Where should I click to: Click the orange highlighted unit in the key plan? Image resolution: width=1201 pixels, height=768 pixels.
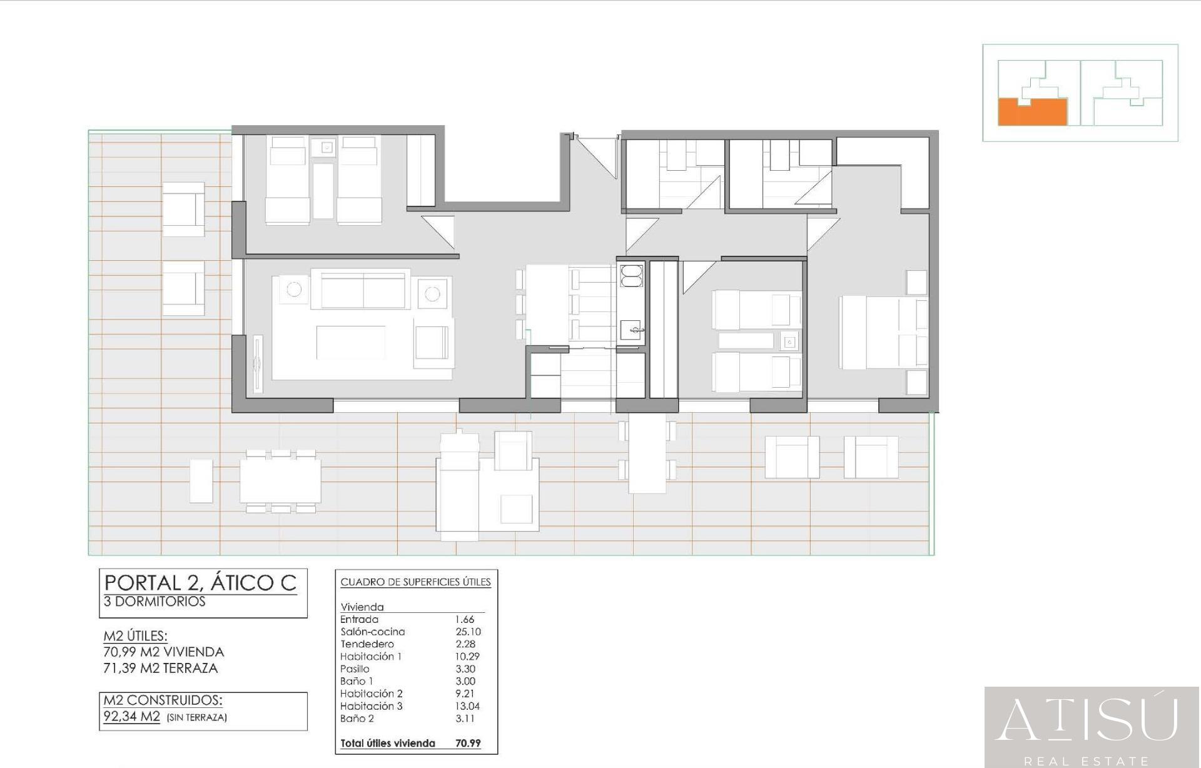pyautogui.click(x=1032, y=113)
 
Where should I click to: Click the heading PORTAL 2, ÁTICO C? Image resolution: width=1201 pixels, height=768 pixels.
pyautogui.click(x=200, y=583)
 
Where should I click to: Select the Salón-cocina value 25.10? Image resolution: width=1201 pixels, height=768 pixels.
pyautogui.click(x=468, y=632)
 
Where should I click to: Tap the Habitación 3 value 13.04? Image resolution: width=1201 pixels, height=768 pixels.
pyautogui.click(x=468, y=706)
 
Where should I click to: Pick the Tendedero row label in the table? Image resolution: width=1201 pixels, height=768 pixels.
pyautogui.click(x=367, y=644)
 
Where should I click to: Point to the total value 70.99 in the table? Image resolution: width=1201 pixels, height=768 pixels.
pyautogui.click(x=468, y=744)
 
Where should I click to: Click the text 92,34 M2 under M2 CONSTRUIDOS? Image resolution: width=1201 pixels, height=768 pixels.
pyautogui.click(x=132, y=717)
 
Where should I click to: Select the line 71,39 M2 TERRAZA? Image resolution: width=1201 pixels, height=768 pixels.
pyautogui.click(x=161, y=668)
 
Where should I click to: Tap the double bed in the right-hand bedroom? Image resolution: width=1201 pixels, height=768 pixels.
pyautogui.click(x=883, y=331)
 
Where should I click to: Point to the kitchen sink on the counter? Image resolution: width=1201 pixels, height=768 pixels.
pyautogui.click(x=631, y=330)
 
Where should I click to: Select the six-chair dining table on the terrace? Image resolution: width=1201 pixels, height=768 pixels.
pyautogui.click(x=280, y=481)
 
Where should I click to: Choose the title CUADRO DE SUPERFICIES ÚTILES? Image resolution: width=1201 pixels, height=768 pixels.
pyautogui.click(x=415, y=582)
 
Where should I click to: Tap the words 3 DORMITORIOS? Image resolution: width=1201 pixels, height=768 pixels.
pyautogui.click(x=155, y=602)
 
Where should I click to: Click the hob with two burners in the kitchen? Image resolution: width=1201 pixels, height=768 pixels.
pyautogui.click(x=631, y=276)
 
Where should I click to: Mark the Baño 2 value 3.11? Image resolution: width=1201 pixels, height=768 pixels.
pyautogui.click(x=465, y=719)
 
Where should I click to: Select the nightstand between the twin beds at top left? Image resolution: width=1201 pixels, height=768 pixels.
pyautogui.click(x=327, y=148)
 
